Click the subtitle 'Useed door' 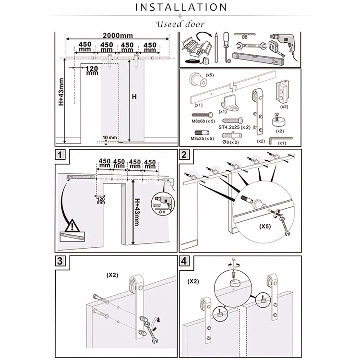tap(180, 24)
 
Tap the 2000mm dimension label tap(118, 36)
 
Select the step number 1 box tap(60, 155)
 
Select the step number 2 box tap(185, 155)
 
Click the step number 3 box tap(60, 261)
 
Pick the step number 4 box tap(185, 261)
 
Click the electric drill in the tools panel tap(283, 44)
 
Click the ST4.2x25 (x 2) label tap(234, 127)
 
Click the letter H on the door tap(134, 96)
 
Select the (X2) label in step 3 tap(113, 276)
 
